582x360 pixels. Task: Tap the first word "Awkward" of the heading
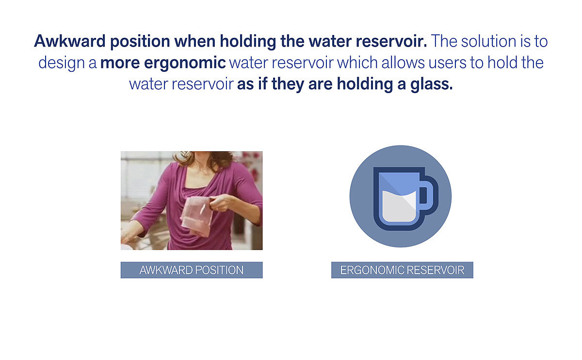pos(70,41)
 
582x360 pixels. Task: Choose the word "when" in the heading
pos(194,41)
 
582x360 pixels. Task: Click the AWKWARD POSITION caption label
pos(192,270)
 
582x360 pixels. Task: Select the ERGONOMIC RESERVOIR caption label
pos(402,270)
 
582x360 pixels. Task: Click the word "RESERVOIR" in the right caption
pos(436,270)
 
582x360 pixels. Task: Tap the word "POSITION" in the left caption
pos(219,270)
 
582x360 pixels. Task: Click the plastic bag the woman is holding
pos(197,216)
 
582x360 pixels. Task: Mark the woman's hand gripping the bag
pos(221,203)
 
